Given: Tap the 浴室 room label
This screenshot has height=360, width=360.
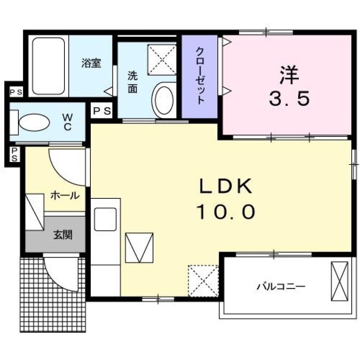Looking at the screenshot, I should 91,63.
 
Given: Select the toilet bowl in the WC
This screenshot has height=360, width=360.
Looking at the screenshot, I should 34,122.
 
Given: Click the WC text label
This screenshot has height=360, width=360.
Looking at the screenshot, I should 67,122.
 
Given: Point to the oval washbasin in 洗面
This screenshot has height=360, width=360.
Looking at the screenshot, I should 163,99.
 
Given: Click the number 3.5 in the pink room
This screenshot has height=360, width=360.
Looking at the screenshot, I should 289,99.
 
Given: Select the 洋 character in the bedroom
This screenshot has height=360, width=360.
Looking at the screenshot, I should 289,75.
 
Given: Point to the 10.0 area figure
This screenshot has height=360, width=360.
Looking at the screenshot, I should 225,212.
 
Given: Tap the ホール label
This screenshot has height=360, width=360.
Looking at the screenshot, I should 64,195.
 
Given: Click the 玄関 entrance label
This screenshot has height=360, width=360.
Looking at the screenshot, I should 63,235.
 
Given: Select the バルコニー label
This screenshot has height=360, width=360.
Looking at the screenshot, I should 281,287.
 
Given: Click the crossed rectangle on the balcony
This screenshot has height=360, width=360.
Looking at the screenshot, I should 340,281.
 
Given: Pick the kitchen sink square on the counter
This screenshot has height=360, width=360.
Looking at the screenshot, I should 105,219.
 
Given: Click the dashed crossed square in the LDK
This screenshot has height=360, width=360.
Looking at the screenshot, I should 203,280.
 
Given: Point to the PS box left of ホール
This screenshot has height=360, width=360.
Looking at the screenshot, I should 14,154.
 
